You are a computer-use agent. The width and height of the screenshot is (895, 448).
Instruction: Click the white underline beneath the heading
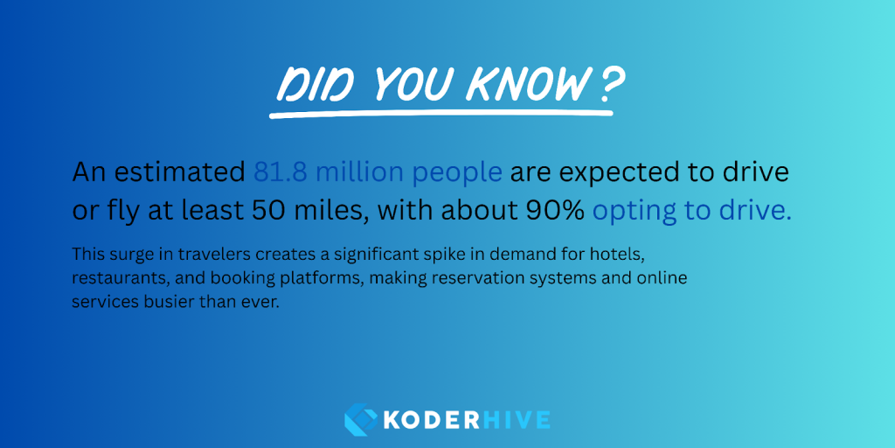click(x=441, y=115)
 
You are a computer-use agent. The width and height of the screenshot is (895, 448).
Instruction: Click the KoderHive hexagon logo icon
click(x=361, y=419)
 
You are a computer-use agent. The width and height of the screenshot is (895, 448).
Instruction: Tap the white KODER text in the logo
click(x=429, y=420)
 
